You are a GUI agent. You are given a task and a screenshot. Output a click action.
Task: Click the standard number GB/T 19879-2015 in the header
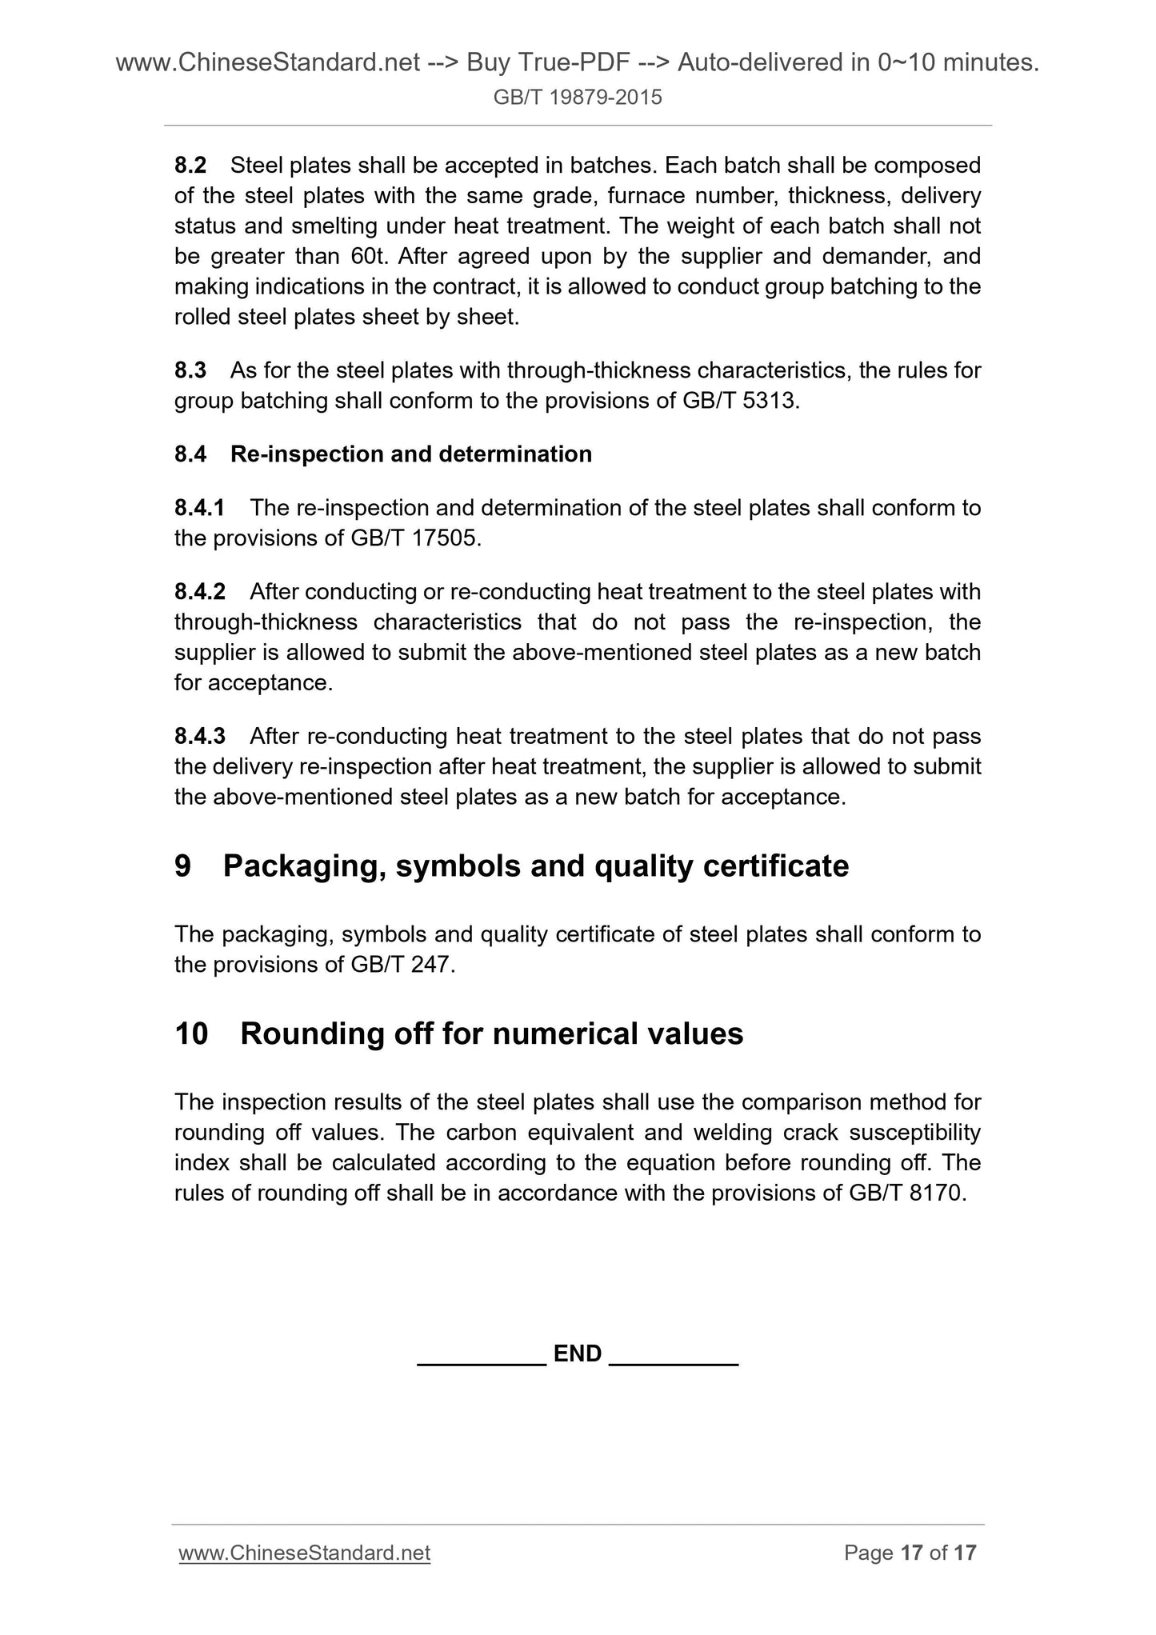click(578, 98)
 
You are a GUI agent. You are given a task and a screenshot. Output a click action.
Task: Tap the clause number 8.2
click(190, 166)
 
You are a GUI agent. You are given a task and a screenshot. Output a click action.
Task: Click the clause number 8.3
click(190, 370)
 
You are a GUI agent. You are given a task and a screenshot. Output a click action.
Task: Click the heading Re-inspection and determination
click(411, 454)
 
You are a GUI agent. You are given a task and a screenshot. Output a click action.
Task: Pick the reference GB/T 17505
click(416, 538)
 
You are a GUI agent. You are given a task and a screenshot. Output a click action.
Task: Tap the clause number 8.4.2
click(200, 592)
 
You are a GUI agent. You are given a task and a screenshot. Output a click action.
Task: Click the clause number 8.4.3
click(200, 736)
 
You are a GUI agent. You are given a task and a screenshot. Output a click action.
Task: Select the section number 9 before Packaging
click(183, 866)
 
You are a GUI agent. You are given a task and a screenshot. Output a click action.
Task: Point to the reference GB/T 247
click(402, 965)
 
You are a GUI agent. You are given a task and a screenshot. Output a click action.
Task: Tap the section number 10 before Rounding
click(191, 1033)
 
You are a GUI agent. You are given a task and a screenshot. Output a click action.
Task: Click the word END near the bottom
click(578, 1353)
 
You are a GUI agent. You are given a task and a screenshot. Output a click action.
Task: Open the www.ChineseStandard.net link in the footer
click(305, 1553)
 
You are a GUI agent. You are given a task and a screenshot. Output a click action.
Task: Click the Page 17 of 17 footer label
click(910, 1553)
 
